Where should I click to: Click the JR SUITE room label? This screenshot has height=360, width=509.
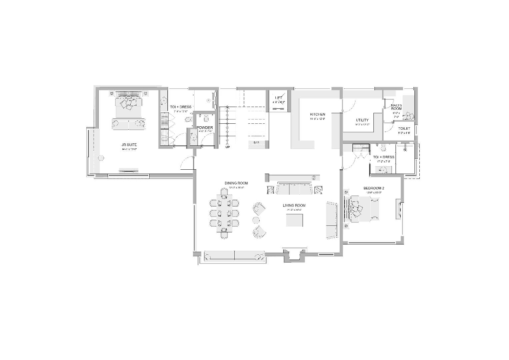[129, 145]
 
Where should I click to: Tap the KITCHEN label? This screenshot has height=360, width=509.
[317, 114]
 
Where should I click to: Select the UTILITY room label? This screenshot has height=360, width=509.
[362, 120]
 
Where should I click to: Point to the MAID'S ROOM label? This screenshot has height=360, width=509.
[396, 107]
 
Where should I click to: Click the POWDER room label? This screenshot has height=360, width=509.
[205, 128]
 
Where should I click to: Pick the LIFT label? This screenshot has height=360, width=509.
[278, 98]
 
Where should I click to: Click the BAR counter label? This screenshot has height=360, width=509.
[256, 143]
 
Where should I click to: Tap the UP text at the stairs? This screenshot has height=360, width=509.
[228, 147]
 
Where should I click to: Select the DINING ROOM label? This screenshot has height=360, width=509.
[236, 183]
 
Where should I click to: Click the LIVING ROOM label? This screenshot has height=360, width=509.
[294, 205]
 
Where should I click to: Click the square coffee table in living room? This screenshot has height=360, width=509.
[294, 220]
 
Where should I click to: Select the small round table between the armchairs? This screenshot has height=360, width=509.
[256, 220]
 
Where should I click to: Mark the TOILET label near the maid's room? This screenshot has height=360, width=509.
[404, 129]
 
